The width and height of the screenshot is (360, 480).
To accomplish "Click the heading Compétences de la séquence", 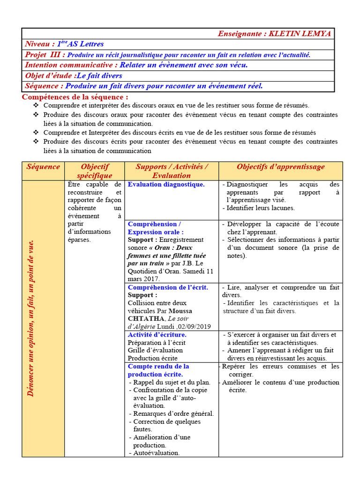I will tap(75, 97).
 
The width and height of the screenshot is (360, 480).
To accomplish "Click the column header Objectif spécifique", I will tap(95, 171).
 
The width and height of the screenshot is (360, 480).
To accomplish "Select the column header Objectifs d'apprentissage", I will tap(280, 167).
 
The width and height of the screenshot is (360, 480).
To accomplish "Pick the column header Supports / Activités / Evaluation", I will tap(172, 171).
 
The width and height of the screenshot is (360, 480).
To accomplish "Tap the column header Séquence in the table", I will tap(43, 167).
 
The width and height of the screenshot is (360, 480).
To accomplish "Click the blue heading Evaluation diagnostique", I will tap(166, 185).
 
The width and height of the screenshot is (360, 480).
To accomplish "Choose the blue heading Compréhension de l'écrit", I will tap(168, 287).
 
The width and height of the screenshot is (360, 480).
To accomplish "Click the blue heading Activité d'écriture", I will tap(157, 335).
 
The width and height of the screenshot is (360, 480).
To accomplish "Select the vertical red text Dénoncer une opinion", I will tap(31, 318).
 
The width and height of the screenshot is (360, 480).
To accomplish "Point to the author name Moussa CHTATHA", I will tap(159, 315).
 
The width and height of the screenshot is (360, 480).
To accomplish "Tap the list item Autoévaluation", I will tap(157, 453).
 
